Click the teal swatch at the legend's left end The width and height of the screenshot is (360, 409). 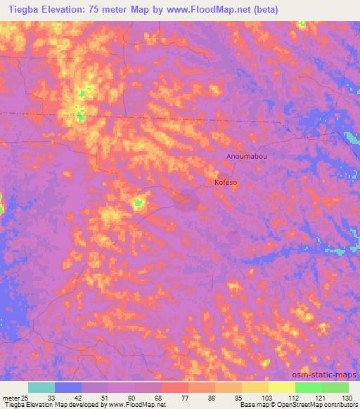point(41,387)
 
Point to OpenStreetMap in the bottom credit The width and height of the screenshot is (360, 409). point(301,405)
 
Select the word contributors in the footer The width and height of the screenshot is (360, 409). point(341,405)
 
